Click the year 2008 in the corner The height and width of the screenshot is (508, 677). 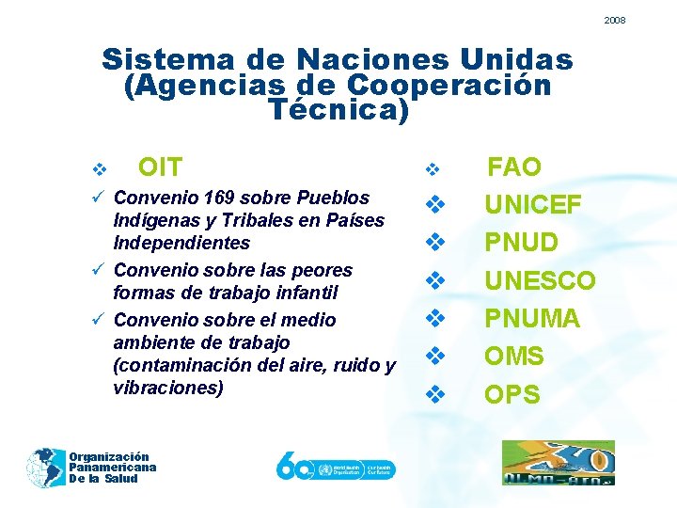[615, 20]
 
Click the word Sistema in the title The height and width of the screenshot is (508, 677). [168, 59]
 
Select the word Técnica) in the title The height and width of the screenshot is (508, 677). [339, 110]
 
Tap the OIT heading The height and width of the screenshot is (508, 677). [160, 168]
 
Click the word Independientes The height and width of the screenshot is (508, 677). [181, 243]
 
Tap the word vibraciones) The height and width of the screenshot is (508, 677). [168, 388]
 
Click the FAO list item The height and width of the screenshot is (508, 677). [513, 168]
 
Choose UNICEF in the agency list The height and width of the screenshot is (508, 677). [532, 205]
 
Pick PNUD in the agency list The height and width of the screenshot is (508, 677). [521, 243]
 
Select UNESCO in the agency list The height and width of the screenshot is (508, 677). [539, 281]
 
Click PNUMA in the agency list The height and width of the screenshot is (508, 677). [531, 319]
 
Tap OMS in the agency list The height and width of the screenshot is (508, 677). [513, 357]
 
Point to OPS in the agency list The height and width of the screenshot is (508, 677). [512, 394]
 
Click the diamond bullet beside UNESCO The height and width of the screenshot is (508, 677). [434, 280]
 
